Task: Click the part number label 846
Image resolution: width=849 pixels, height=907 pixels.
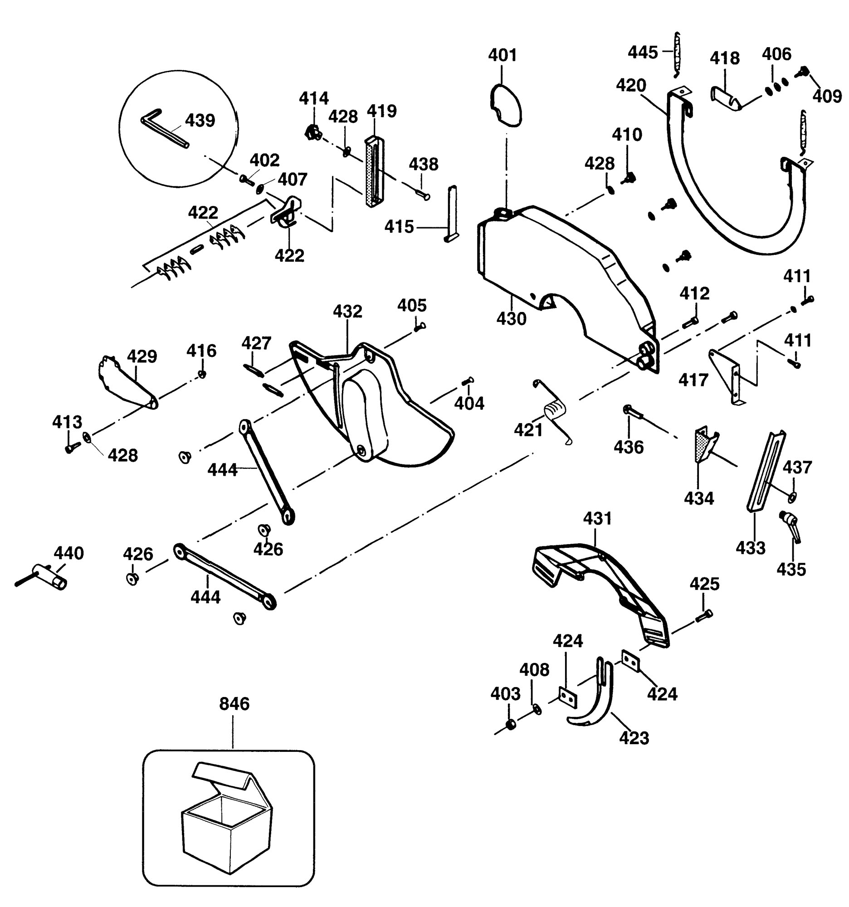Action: pos(234,703)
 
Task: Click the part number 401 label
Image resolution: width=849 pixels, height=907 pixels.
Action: pos(503,55)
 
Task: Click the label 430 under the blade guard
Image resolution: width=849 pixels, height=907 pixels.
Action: pos(512,318)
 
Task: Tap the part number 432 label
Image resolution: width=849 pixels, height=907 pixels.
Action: pos(348,311)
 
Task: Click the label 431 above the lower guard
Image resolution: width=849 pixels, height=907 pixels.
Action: pos(598,518)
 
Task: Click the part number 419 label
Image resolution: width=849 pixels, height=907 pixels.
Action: pos(382,111)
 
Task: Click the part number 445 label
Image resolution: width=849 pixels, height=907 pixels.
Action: pos(643,52)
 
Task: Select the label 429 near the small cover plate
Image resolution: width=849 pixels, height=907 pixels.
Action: pos(142,356)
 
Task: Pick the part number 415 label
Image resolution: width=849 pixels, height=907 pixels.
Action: pos(399,227)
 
